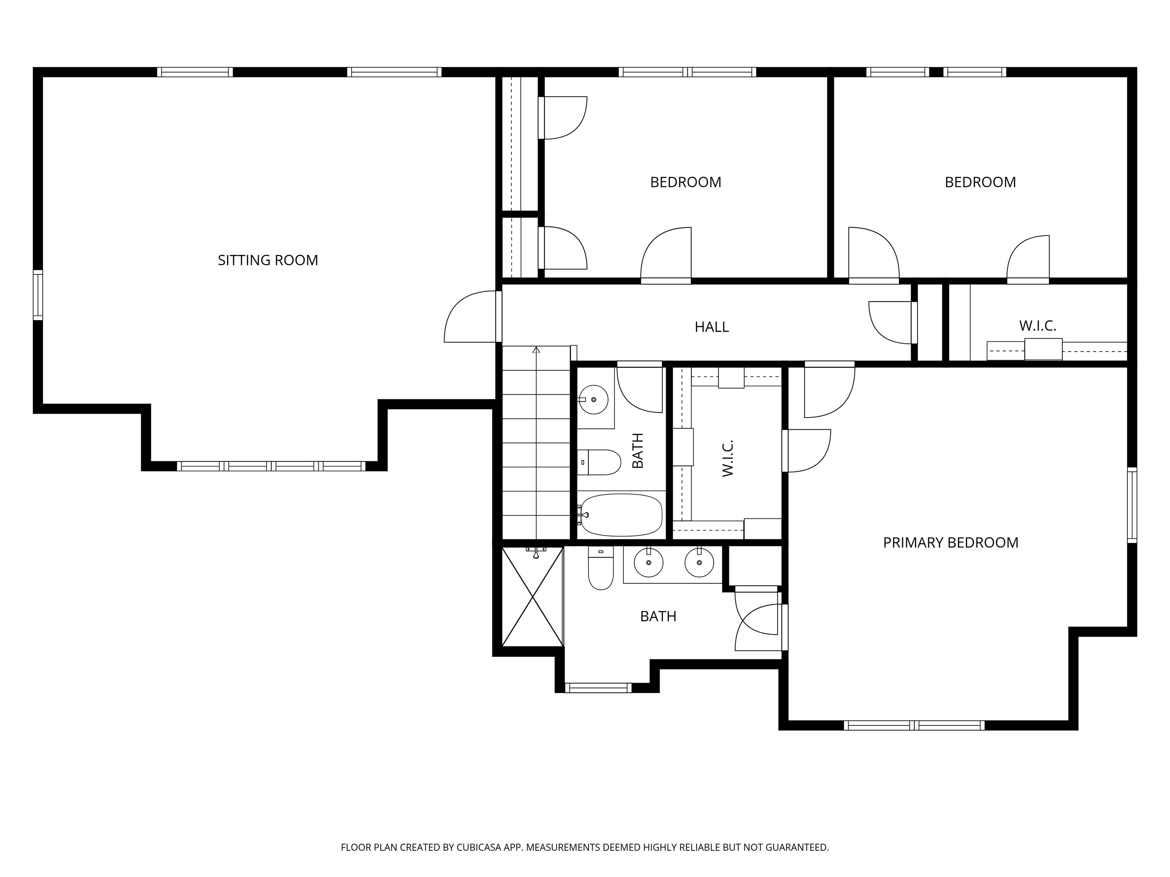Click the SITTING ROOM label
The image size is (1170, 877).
[268, 260]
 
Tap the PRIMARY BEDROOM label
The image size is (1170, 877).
[951, 542]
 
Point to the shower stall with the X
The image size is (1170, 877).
[532, 597]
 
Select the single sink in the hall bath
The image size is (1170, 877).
[593, 400]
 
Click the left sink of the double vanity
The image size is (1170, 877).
[649, 563]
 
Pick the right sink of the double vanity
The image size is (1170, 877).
[699, 563]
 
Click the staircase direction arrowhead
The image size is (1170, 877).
[536, 349]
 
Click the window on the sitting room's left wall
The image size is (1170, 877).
[38, 295]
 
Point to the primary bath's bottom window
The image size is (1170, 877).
[598, 688]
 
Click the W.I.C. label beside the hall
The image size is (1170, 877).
[1037, 325]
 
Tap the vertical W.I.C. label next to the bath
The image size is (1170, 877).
[728, 458]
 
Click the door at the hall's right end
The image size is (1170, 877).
[893, 322]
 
